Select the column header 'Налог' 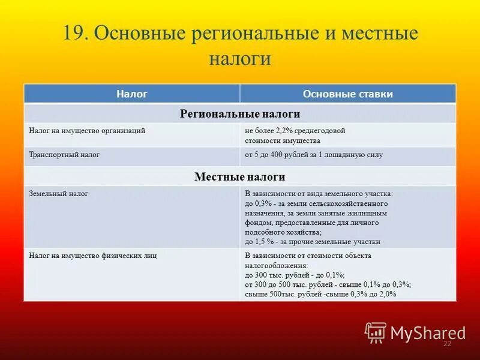[132, 94]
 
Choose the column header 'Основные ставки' [348, 94]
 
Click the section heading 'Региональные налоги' [240, 113]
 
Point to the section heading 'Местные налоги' [240, 177]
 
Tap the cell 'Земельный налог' [59, 194]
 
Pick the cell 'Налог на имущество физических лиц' [92, 255]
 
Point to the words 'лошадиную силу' [358, 155]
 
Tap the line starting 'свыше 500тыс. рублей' [320, 294]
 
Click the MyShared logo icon [376, 332]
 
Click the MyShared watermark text [428, 333]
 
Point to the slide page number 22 [446, 344]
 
